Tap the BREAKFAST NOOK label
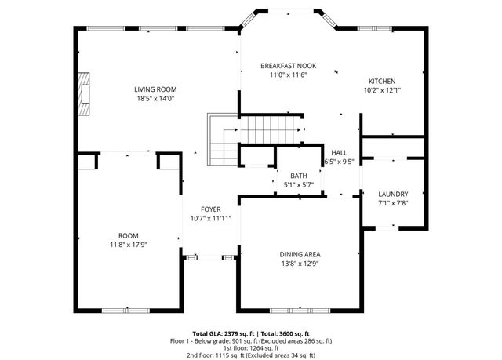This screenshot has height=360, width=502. pos(288,66)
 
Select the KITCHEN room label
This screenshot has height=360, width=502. pos(382,81)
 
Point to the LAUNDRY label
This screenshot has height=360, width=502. pos(392,195)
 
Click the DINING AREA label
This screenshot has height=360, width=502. pos(300,254)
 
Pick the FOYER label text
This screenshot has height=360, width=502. pos(210,209)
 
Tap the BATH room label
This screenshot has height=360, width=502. pos(298,176)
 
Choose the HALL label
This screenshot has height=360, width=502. pos(339,152)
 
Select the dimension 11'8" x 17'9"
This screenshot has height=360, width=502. pos(128,244)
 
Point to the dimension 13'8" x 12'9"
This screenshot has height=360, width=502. pos(300,264)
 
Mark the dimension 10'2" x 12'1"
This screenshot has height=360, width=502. pos(382,90)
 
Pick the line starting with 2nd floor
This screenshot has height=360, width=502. pos(251,355)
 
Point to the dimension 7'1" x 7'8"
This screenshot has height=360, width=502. pos(392,204)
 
